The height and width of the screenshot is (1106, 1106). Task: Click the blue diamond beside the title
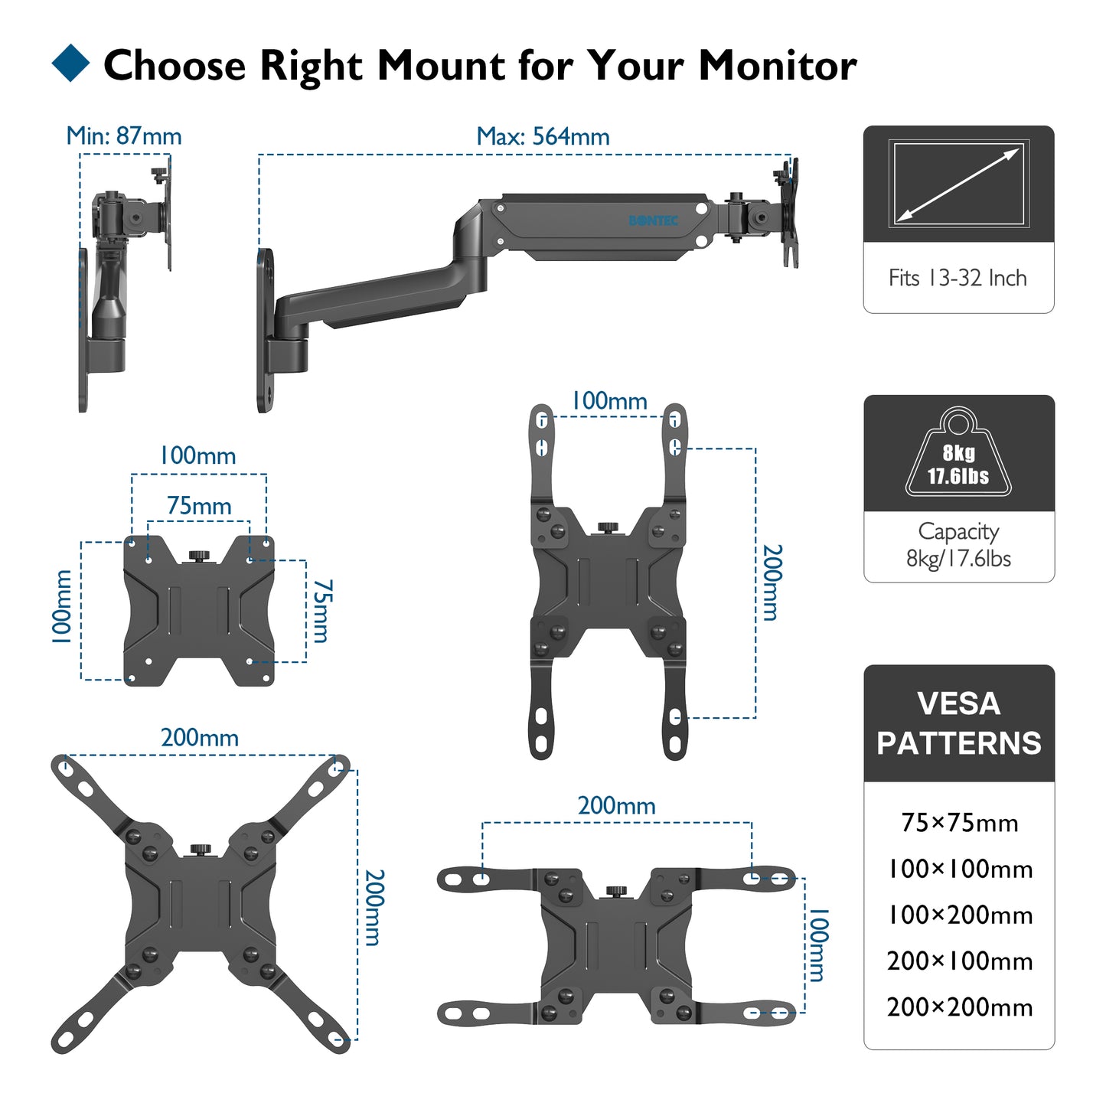70,64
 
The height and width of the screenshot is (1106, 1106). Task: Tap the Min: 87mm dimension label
124,136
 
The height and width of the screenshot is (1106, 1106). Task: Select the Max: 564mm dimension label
543,137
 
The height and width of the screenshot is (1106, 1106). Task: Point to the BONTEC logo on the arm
653,220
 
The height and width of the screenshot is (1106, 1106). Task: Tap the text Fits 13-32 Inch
958,278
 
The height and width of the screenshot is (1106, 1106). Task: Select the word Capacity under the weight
958,531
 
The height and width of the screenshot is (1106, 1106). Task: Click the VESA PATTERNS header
959,723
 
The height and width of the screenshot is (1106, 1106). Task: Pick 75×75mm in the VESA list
959,823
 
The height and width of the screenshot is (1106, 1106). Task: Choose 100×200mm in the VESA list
959,915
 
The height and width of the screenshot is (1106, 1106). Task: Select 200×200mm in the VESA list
959,1006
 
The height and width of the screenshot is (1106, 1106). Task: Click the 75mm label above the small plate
199,506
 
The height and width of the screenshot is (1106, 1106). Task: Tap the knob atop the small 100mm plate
199,554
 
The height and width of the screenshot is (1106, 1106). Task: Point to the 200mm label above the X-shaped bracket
199,738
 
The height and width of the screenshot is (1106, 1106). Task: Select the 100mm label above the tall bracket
609,401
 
